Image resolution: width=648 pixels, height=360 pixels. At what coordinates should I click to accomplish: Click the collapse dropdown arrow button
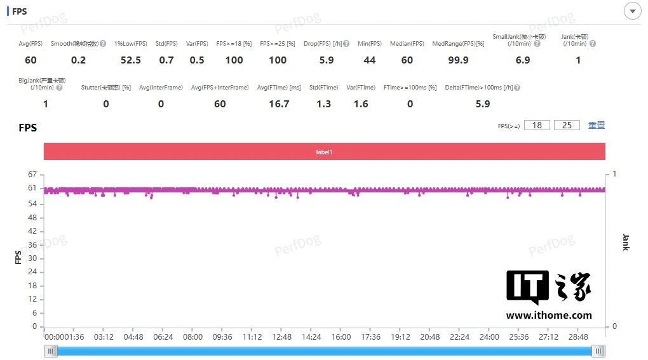tap(633, 11)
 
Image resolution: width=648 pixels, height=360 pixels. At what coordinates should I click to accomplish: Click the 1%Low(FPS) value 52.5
tap(131, 60)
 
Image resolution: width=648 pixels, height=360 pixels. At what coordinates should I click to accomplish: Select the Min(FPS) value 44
tap(369, 60)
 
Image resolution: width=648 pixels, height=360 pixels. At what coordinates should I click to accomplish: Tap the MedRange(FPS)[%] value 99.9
tap(458, 60)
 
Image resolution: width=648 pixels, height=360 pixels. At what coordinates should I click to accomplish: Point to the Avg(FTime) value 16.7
tap(279, 104)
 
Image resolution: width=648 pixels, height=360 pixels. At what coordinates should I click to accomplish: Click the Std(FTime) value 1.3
tap(323, 104)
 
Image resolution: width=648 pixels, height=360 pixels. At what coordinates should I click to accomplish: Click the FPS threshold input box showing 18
tap(537, 125)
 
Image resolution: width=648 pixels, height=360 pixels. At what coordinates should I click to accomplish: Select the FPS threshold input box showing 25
tap(567, 125)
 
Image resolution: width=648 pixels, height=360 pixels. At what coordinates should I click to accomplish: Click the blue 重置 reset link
tap(597, 125)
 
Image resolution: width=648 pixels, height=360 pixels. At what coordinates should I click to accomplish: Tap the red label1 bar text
tap(324, 152)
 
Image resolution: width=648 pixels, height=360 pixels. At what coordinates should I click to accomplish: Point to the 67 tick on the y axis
tap(33, 175)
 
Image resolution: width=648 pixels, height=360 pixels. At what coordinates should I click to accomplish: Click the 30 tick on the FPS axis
tap(33, 258)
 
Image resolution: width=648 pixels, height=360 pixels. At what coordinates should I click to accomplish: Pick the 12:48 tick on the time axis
tap(281, 337)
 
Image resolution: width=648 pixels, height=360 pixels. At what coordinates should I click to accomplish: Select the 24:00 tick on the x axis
tap(489, 337)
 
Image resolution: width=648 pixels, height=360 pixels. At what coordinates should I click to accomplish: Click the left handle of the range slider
tap(51, 351)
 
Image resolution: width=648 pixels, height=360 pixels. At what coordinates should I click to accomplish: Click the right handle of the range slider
tap(598, 351)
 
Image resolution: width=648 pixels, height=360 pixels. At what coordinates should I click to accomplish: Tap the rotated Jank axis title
tap(626, 242)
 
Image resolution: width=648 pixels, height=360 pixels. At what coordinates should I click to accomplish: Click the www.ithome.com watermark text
tap(549, 316)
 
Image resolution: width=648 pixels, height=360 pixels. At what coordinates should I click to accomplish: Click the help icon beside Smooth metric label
tap(103, 44)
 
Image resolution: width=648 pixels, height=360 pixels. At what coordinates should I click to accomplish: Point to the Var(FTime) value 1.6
tap(361, 104)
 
